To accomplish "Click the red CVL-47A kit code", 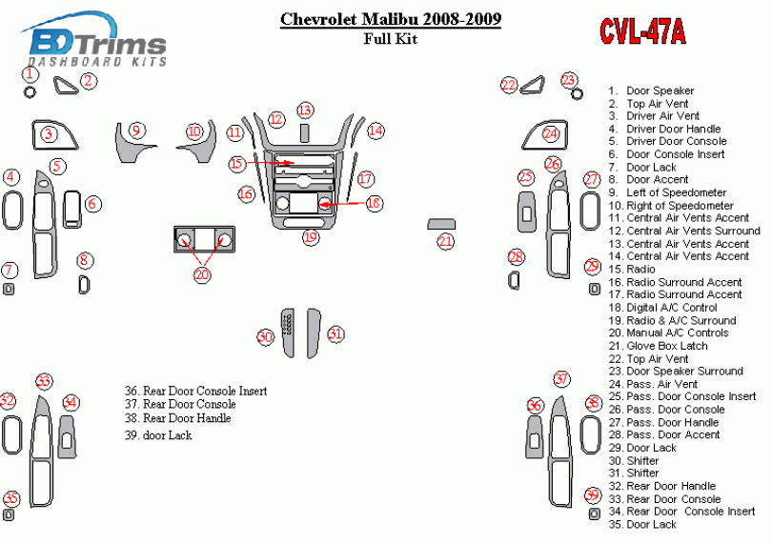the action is point(642,32).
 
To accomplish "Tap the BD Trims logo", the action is point(93,40).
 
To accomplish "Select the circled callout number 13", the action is point(305,110).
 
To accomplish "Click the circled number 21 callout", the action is point(446,241).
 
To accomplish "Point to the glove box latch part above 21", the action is point(441,224).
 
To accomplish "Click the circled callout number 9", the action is point(136,131).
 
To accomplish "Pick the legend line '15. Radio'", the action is point(632,270).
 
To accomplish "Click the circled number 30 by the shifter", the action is point(265,336).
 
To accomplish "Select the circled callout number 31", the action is point(335,333).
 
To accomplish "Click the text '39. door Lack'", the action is point(158,435).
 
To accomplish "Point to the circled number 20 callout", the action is point(202,274).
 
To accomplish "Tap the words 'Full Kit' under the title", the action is point(391,38).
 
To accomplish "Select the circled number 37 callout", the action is point(561,379).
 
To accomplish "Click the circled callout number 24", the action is point(551,133).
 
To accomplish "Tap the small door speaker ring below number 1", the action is point(30,91).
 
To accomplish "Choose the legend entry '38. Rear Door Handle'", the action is point(177,418).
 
